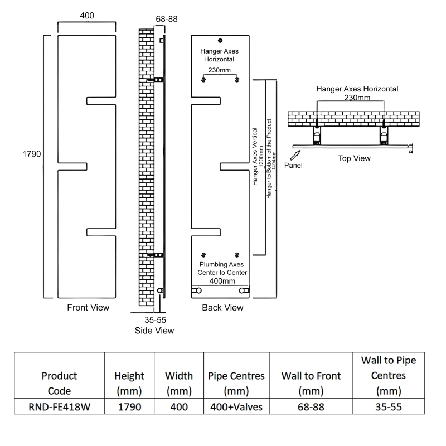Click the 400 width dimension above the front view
[x=87, y=16]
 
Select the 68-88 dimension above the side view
[x=166, y=19]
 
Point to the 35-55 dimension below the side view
[x=155, y=320]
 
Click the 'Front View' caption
[x=88, y=307]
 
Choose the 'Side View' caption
[x=154, y=331]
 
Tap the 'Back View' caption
[x=222, y=307]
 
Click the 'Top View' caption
[x=354, y=158]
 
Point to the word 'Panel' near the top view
[x=294, y=166]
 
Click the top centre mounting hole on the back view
[x=221, y=40]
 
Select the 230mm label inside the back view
[x=220, y=70]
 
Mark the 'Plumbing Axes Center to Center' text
[x=222, y=268]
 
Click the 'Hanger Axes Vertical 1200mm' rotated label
[x=257, y=156]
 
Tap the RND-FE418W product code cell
[x=59, y=407]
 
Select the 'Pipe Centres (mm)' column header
[x=236, y=383]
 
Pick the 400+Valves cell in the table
[x=236, y=407]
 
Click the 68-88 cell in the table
[x=311, y=407]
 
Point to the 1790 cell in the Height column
[x=129, y=407]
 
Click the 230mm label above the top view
[x=357, y=98]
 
